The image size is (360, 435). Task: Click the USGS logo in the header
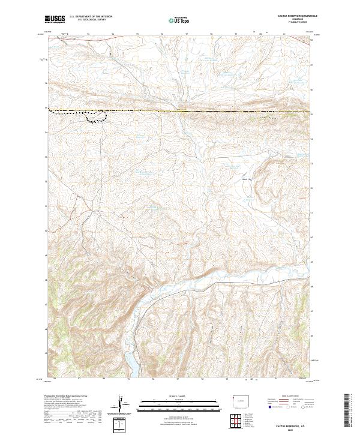[x=55, y=20]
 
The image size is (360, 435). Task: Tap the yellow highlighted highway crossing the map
[x=180, y=112]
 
